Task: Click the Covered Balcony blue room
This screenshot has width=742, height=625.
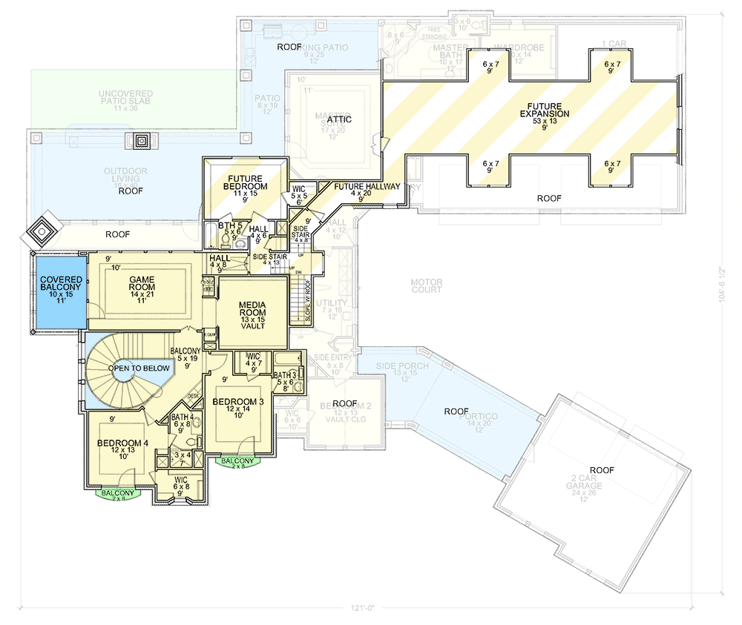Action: pos(57,293)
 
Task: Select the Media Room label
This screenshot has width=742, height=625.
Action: pos(252,311)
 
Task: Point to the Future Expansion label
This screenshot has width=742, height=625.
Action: pos(545,109)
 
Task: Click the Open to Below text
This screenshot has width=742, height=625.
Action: pos(139,368)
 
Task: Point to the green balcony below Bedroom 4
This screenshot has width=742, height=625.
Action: pos(118,495)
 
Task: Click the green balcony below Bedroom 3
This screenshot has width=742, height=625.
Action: pos(238,461)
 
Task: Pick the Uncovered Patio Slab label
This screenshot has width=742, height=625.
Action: pos(126,99)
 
